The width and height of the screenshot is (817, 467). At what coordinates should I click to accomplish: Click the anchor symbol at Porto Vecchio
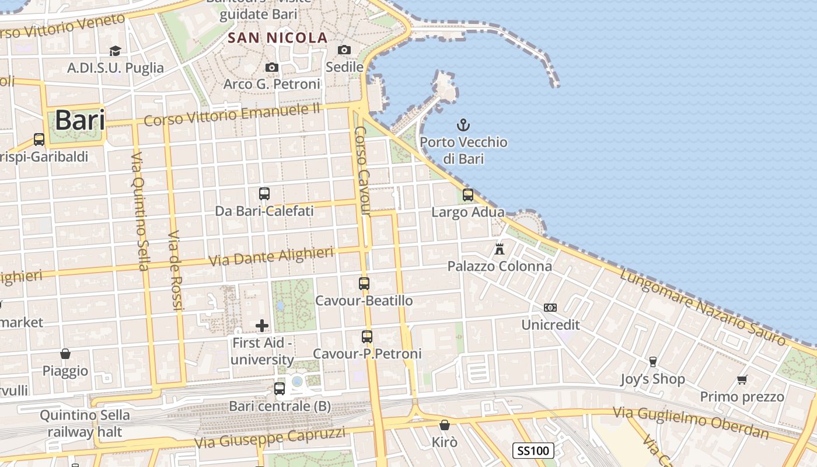[x=463, y=125]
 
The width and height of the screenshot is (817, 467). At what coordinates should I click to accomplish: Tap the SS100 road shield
[x=533, y=450]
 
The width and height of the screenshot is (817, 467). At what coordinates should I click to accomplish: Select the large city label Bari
[x=80, y=120]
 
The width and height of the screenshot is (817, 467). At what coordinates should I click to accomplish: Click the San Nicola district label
[x=277, y=38]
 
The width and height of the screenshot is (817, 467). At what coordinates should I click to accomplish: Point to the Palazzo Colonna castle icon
[x=499, y=249]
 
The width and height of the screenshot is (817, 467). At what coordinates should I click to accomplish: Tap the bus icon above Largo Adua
[x=467, y=195]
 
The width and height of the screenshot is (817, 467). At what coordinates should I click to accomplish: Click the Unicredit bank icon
[x=550, y=308]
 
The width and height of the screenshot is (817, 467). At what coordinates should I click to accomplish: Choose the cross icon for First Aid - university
[x=262, y=325]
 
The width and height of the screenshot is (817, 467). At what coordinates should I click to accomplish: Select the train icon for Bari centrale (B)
[x=280, y=388]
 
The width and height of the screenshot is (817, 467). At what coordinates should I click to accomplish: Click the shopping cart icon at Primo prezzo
[x=742, y=380]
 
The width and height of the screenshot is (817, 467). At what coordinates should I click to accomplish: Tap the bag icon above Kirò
[x=445, y=424]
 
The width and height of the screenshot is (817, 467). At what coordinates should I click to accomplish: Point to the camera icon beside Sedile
[x=344, y=50]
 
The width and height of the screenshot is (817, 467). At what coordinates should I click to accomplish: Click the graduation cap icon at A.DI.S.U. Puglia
[x=115, y=51]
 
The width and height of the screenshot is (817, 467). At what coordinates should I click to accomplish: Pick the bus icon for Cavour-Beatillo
[x=364, y=284]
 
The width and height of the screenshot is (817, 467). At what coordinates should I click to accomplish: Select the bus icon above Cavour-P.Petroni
[x=366, y=337]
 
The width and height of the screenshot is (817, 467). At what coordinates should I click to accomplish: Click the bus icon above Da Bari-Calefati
[x=264, y=193]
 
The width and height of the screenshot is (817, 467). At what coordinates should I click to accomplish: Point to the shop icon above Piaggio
[x=65, y=354]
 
